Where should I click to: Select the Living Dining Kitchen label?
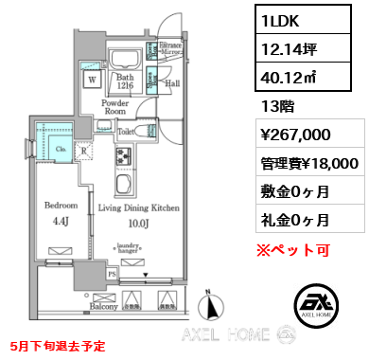coord(138,206)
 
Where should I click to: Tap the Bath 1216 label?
coord(124,82)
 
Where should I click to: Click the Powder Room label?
coord(115,106)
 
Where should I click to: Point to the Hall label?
coord(172,83)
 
